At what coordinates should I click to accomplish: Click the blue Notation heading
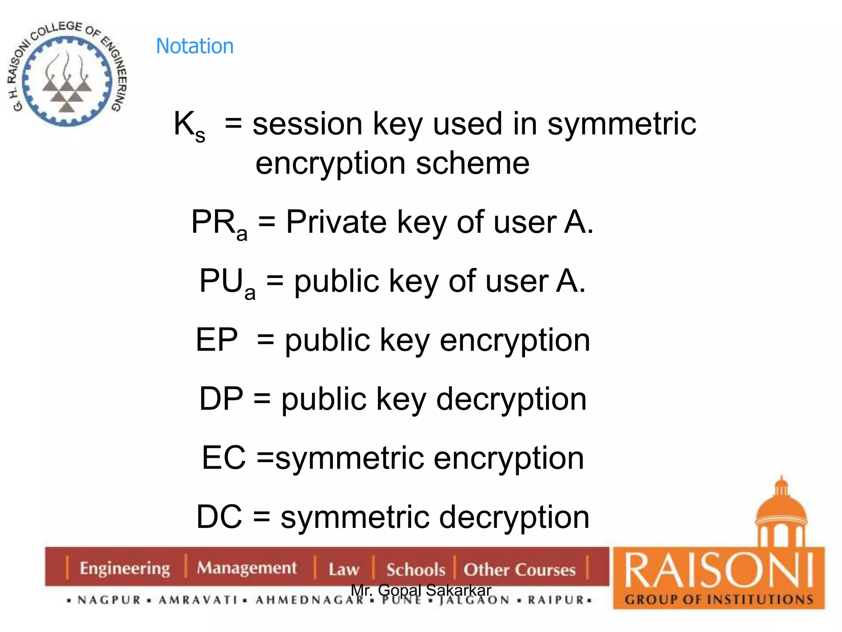pos(195,46)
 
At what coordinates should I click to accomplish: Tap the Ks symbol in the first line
pos(189,125)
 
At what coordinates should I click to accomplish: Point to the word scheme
pos(473,163)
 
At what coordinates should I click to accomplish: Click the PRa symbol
pos(219,224)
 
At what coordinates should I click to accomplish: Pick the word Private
pos(336,222)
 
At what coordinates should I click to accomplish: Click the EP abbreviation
pos(217,340)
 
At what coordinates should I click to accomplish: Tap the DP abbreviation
pos(221,399)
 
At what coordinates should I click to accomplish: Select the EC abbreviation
pos(224,458)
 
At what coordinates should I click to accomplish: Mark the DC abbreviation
pos(219,517)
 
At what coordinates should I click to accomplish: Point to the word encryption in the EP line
pos(515,341)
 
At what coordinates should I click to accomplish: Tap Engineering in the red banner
pos(125,568)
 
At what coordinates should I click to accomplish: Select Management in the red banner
pos(246,568)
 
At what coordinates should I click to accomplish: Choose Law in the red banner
pos(344,569)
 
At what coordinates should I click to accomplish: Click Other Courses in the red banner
pos(519,569)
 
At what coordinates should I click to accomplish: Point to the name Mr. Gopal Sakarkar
pos(421,590)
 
